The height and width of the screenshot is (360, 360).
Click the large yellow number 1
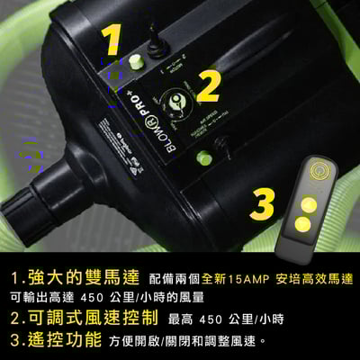click(x=111, y=41)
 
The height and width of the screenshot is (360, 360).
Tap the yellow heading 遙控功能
click(x=60, y=340)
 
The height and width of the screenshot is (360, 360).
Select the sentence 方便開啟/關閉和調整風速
click(x=187, y=341)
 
